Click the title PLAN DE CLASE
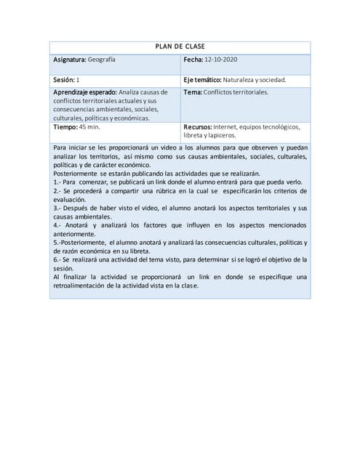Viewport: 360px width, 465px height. click(x=180, y=46)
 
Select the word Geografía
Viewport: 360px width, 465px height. click(x=101, y=60)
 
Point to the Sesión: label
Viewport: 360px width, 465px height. click(x=64, y=79)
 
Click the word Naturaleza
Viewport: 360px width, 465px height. click(x=249, y=79)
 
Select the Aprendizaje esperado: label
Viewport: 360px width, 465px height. click(x=84, y=92)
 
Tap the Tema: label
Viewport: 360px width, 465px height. click(x=193, y=92)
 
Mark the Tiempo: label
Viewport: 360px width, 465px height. click(x=66, y=126)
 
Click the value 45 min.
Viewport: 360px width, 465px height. click(x=89, y=126)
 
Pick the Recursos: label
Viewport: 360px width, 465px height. click(x=198, y=126)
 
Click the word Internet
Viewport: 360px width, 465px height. click(x=227, y=126)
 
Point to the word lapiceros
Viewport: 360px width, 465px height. click(x=221, y=135)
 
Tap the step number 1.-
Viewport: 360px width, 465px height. click(x=58, y=182)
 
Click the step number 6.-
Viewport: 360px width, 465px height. click(x=58, y=259)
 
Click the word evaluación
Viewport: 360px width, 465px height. click(x=71, y=199)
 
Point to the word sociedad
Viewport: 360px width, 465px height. click(x=273, y=79)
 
